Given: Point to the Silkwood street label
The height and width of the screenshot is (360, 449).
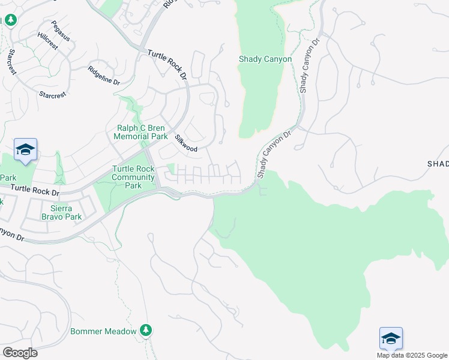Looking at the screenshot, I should tap(185, 143).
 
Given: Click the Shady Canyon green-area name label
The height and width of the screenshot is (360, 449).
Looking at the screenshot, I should tap(265, 59).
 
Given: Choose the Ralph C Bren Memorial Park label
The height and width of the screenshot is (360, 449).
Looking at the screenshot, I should tap(141, 132).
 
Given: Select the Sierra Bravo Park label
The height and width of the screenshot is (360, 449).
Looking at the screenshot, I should tap(62, 212).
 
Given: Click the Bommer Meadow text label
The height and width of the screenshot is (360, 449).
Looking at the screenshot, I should tap(104, 331).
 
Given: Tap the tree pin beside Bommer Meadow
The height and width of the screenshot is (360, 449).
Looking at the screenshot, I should tap(145, 330).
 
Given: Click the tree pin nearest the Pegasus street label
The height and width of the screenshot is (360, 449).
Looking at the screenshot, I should tap(11, 20).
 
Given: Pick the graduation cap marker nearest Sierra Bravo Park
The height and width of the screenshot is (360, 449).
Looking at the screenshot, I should tap(25, 149).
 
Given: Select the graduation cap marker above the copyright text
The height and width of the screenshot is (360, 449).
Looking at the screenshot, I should tap(391, 338).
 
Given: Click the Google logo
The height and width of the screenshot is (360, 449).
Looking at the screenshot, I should tap(20, 353).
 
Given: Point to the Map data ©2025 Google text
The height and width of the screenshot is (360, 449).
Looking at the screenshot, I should tap(412, 355).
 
